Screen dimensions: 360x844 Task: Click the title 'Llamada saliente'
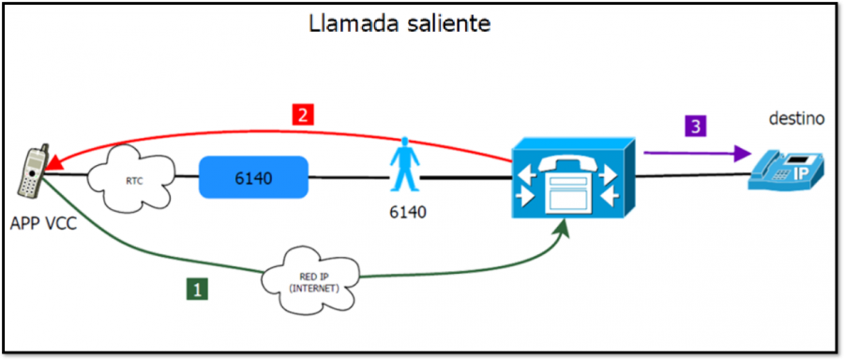pos(399,24)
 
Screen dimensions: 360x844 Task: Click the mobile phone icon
pos(32,172)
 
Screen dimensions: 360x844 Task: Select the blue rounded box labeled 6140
pos(253,176)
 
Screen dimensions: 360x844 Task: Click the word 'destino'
pos(796,119)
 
